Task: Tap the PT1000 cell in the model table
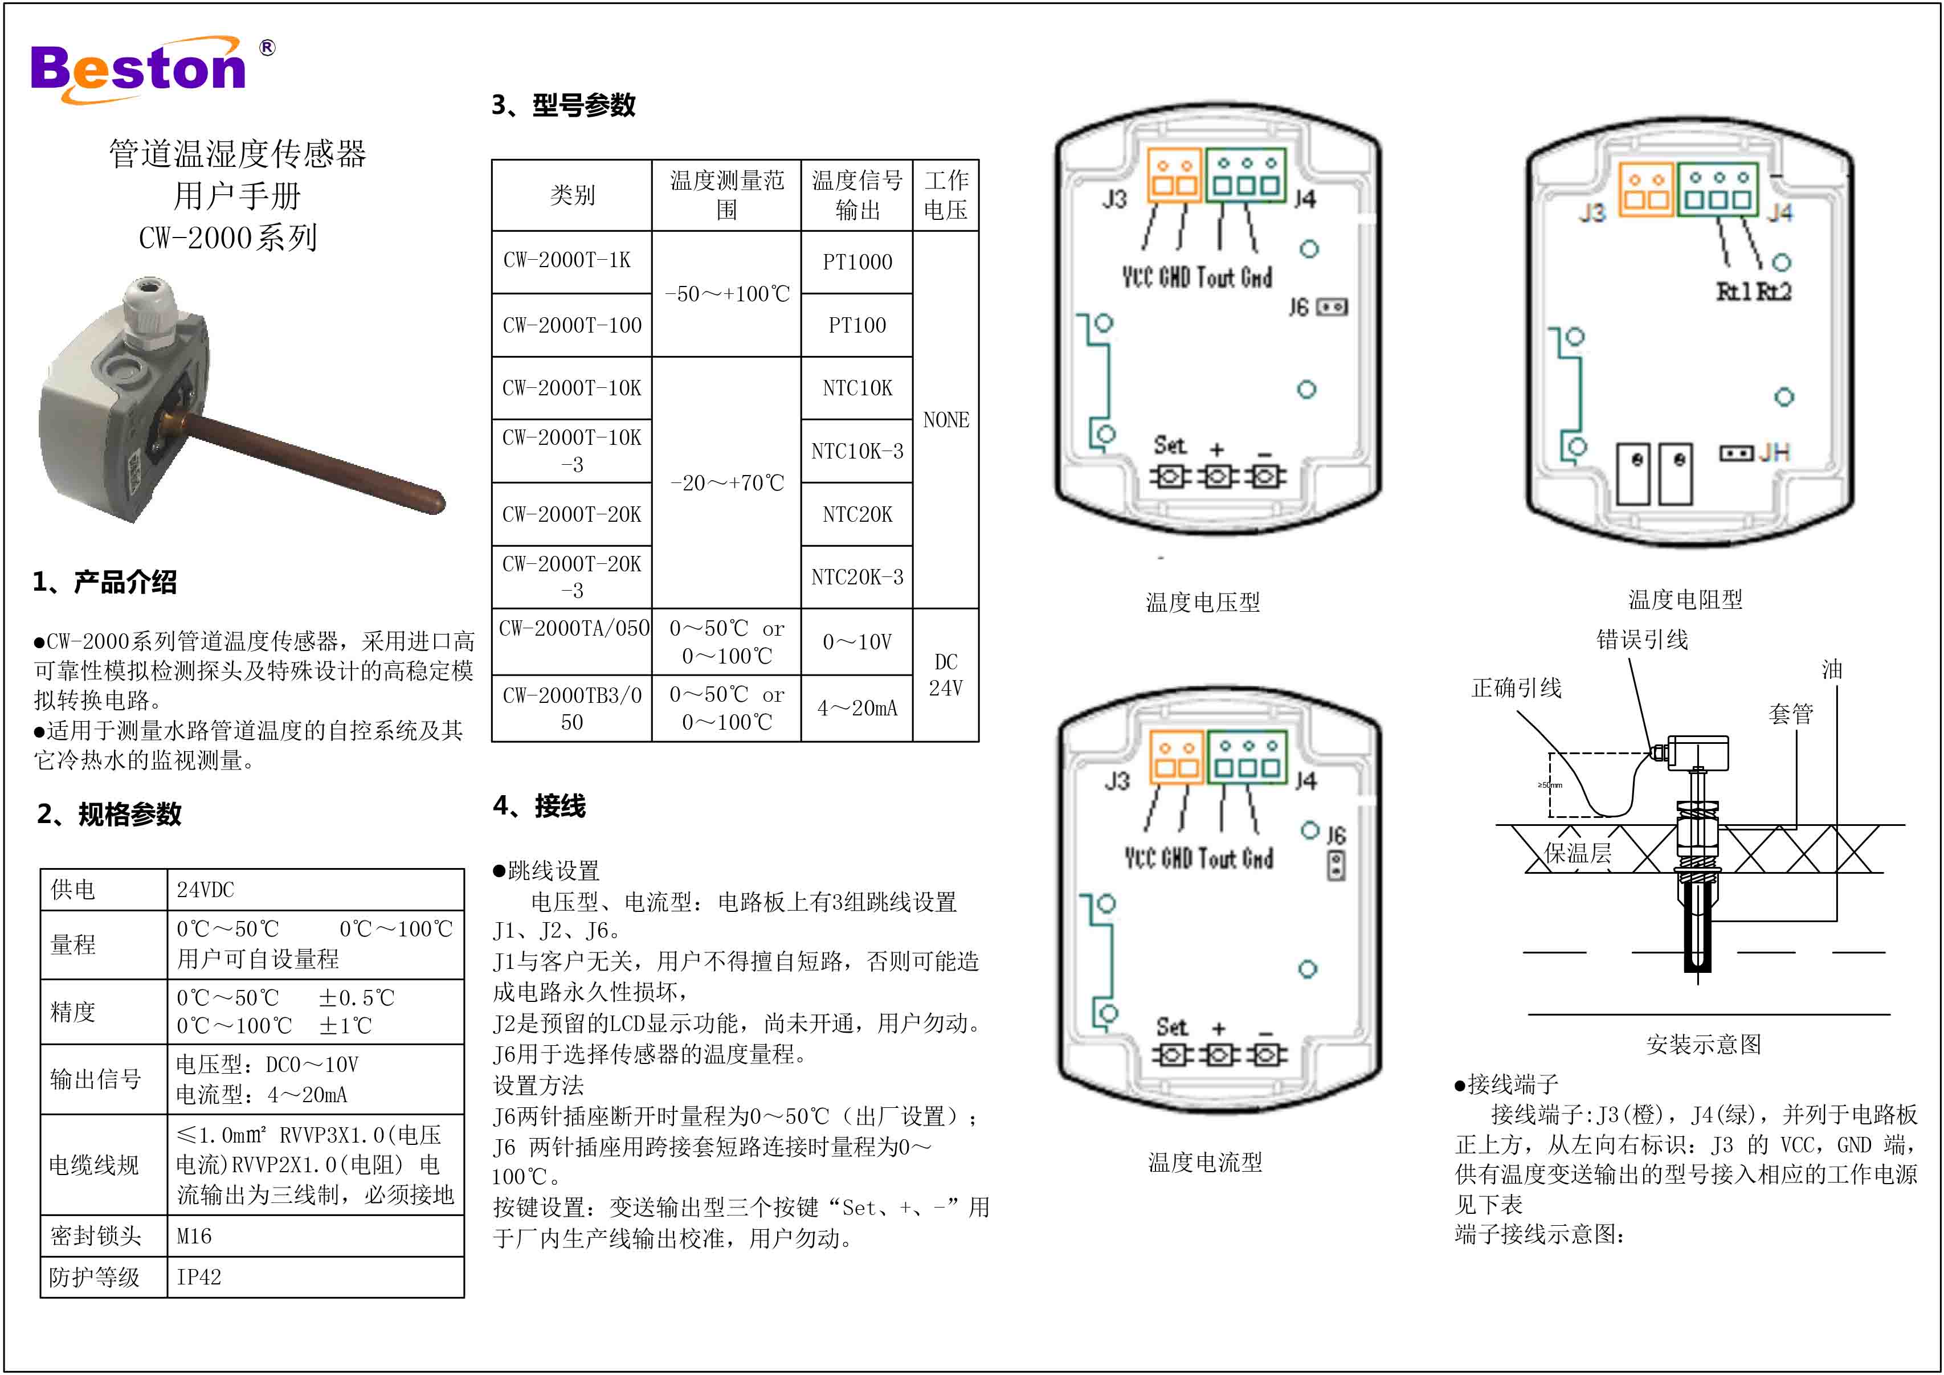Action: pos(857,261)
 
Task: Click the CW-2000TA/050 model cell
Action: pos(573,628)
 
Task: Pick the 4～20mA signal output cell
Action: pos(857,708)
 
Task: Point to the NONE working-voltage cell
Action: pos(946,420)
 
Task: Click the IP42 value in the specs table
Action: pos(199,1277)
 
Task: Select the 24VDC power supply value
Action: pos(206,890)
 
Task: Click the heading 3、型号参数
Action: pos(563,105)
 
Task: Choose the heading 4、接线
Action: pos(540,805)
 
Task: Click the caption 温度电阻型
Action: pos(1685,599)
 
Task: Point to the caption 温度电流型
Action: pos(1205,1161)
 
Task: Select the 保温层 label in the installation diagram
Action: pos(1578,853)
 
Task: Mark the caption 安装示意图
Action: pos(1704,1044)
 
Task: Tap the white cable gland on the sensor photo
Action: pos(148,313)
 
